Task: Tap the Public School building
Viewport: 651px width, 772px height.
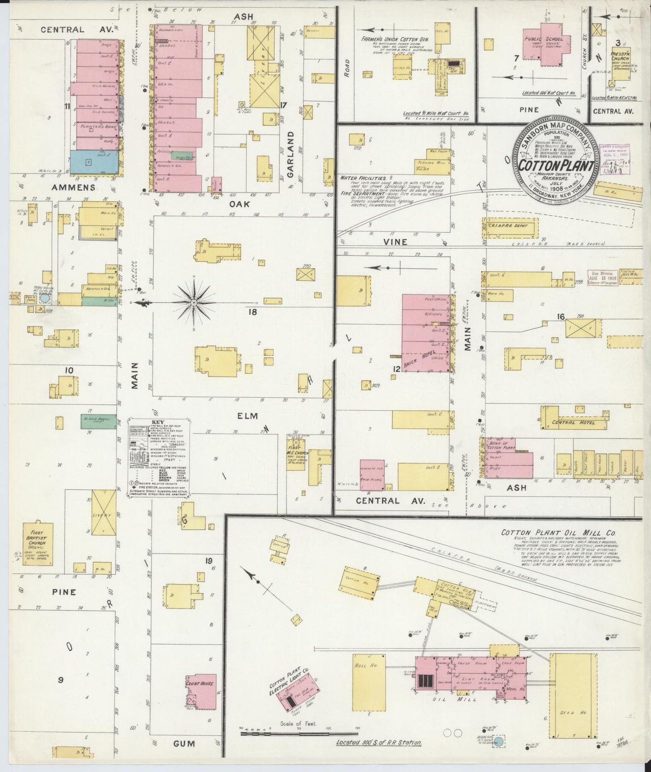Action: tap(546, 46)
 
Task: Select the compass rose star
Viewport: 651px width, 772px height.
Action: tap(193, 301)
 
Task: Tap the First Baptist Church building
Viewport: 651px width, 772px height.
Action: tap(39, 545)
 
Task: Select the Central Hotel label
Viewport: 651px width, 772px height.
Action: tap(574, 422)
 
